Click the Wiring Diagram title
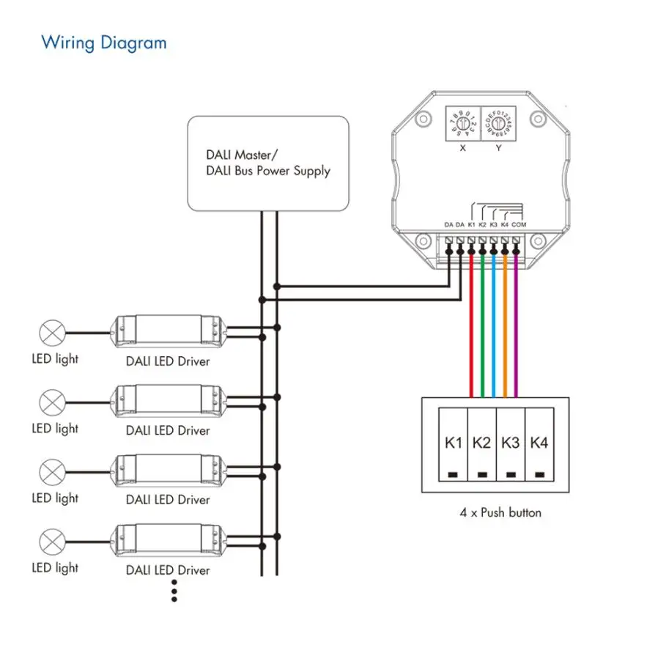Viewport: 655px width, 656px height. [103, 43]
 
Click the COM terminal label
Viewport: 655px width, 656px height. [519, 224]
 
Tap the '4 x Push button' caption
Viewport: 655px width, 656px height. [500, 512]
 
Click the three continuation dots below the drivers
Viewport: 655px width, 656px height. [174, 590]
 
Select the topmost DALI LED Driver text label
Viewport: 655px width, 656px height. [168, 361]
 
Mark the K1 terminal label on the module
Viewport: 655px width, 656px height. [471, 224]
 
